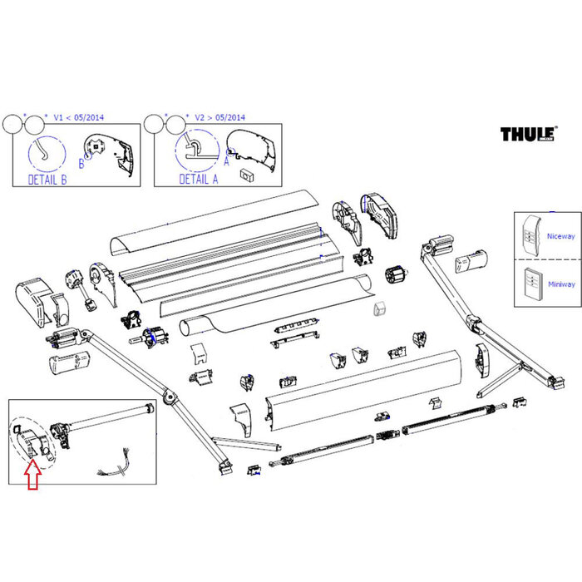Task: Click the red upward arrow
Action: pyautogui.click(x=32, y=474)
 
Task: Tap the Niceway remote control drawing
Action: pyautogui.click(x=530, y=236)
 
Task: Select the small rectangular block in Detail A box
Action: pyautogui.click(x=245, y=173)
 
